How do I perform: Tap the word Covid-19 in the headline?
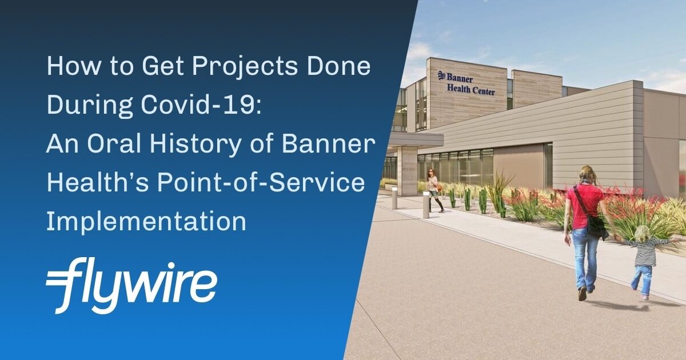point(201,105)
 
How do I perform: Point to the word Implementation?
point(146,221)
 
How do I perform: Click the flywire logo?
point(131,285)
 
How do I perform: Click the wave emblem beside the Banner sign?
point(441,76)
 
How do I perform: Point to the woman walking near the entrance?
point(434,190)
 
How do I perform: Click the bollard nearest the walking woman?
point(426,205)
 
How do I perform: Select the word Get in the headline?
point(162,67)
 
